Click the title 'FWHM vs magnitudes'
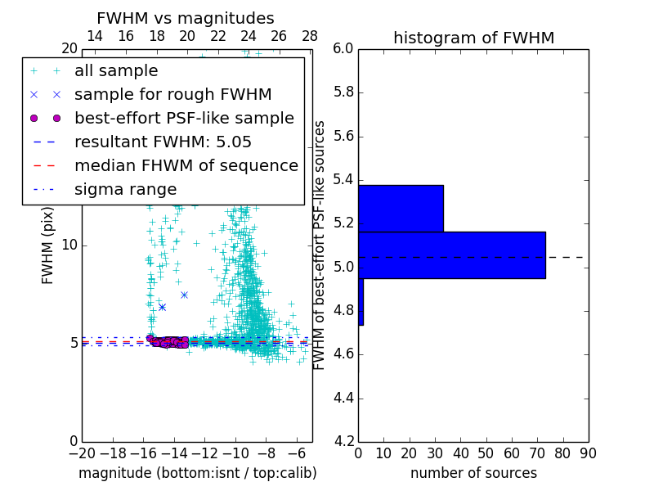pos(186,18)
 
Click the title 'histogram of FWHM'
pos(473,38)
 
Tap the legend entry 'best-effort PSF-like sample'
pos(184,118)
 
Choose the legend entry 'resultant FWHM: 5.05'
pos(163,142)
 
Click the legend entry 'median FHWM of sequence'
pos(186,165)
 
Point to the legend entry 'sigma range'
pos(125,189)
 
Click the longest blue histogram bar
pos(451,255)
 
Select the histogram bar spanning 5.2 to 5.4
pos(401,209)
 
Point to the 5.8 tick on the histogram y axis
pos(343,92)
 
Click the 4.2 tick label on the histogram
pos(343,442)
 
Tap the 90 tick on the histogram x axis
pos(588,453)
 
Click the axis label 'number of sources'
pos(473,473)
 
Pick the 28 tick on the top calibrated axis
pos(310,36)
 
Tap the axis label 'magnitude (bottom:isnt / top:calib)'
pos(197,473)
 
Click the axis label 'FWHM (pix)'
pos(48,245)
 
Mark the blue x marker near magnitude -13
pos(184,295)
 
